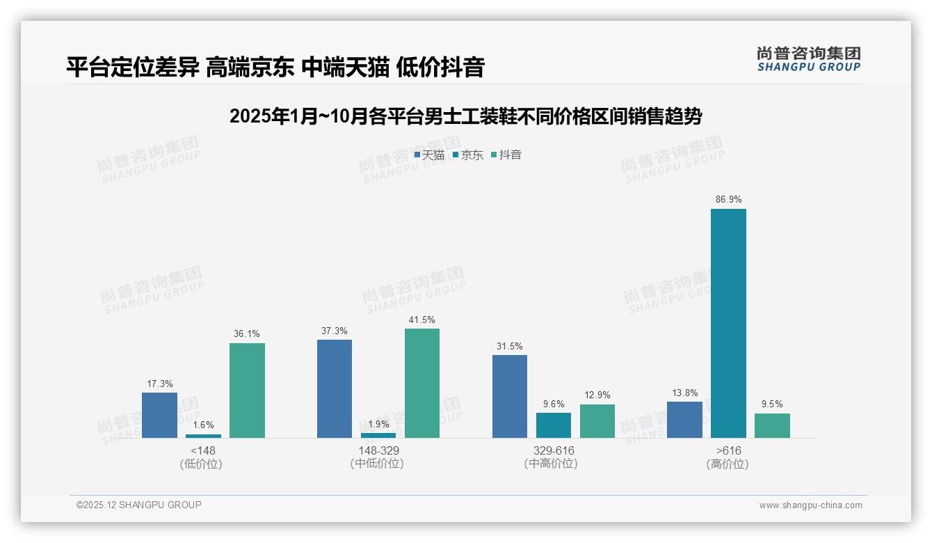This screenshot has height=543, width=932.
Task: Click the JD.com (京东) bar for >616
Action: [x=728, y=323]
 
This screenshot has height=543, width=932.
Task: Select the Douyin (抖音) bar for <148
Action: [x=247, y=391]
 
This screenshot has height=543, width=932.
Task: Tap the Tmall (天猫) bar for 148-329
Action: [x=335, y=388]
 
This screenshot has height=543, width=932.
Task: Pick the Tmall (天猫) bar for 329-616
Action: [x=510, y=396]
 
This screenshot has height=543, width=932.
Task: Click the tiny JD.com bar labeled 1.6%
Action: [x=203, y=436]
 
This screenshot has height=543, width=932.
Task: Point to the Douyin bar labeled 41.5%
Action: [x=422, y=383]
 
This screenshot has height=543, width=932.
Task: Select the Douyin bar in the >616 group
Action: [x=772, y=425]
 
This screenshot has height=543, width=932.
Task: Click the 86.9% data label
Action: [x=728, y=199]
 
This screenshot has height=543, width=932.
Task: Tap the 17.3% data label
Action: [x=159, y=384]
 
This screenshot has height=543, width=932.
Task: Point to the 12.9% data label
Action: [x=597, y=395]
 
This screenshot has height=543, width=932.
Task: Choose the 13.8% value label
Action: [x=684, y=393]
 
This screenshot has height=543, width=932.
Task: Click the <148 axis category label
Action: [x=203, y=450]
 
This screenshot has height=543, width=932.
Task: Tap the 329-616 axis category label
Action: [x=554, y=450]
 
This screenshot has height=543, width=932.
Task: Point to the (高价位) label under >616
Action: [x=728, y=464]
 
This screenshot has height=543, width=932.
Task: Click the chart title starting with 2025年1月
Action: [x=465, y=116]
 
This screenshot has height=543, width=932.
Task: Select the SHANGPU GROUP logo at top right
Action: [x=808, y=59]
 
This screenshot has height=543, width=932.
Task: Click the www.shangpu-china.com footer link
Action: [x=810, y=505]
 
